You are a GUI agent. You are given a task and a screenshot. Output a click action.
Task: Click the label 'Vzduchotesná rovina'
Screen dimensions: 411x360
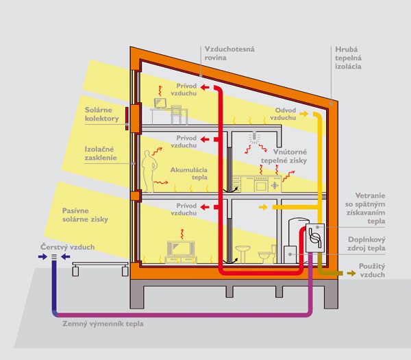(229, 53)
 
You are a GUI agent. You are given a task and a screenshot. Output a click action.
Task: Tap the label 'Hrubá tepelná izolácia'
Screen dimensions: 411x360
(348, 58)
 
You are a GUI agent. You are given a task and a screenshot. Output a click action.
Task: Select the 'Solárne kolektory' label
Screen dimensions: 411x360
(101, 114)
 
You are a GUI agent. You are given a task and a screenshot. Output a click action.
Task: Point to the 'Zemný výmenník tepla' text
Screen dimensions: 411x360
(103, 324)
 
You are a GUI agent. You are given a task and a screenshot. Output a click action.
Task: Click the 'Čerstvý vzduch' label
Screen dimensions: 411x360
(67, 247)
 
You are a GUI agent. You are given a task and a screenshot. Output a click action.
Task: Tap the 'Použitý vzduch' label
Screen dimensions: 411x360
(372, 270)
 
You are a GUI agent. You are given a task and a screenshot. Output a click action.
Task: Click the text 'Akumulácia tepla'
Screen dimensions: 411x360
(189, 173)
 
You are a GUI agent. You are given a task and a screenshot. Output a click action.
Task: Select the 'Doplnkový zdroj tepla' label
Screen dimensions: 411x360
(366, 243)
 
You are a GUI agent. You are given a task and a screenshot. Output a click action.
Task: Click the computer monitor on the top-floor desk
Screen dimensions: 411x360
(160, 103)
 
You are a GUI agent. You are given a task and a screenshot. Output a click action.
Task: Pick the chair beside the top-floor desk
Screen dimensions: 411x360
(176, 115)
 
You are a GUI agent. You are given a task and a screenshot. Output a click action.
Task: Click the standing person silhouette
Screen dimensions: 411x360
(149, 171)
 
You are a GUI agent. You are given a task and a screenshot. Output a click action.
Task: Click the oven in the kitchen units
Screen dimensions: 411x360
(261, 184)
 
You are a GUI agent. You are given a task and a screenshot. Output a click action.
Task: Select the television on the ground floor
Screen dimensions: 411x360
(181, 248)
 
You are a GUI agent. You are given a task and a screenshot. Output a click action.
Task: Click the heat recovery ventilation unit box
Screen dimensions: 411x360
(315, 238)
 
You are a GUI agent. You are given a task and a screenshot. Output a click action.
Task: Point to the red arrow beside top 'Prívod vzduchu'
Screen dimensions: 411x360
(205, 87)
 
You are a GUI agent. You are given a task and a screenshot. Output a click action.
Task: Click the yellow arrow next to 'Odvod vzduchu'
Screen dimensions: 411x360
(304, 114)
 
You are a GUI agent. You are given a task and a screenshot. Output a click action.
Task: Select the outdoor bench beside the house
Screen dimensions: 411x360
(100, 268)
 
